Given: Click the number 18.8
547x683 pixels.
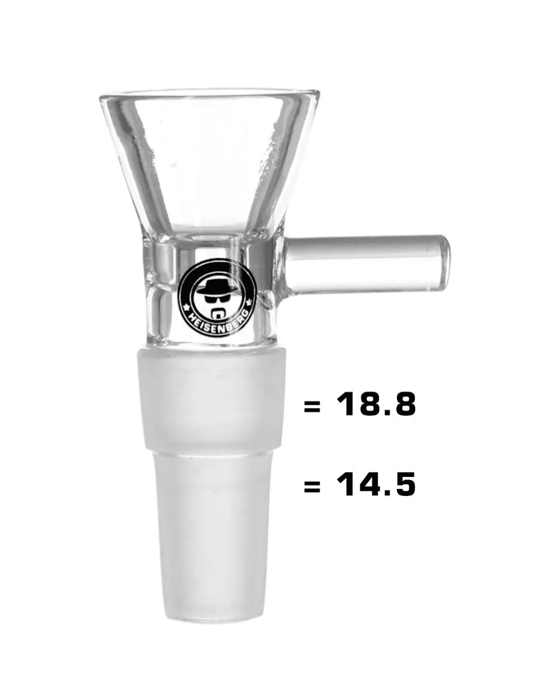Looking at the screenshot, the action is tap(376, 405).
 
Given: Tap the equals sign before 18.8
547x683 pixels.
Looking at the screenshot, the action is tap(312, 406).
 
